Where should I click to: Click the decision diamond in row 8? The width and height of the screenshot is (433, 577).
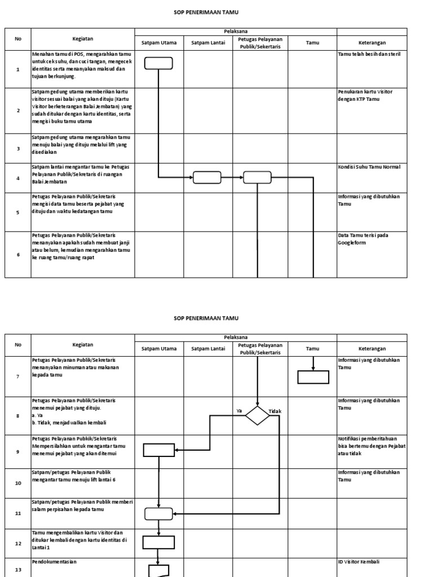257,416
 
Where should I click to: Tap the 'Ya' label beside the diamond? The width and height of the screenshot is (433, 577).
239,411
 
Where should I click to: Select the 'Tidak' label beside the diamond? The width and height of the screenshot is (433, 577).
275,411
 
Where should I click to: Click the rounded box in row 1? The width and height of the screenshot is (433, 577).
158,63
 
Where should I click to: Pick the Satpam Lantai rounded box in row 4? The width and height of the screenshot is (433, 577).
207,177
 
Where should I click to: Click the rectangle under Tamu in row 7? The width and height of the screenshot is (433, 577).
313,377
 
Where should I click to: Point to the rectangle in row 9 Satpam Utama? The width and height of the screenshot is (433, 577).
158,450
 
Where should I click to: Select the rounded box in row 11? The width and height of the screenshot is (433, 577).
158,513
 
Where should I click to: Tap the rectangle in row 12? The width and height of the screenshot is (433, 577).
158,542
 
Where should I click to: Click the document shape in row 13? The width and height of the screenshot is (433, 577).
158,570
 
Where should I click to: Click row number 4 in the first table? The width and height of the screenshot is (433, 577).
18,178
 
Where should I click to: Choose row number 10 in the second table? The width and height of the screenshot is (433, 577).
18,483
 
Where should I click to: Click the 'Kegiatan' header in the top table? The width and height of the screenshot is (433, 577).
83,39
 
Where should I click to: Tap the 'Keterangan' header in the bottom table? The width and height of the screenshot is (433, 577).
372,349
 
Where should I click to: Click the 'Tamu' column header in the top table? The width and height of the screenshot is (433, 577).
312,42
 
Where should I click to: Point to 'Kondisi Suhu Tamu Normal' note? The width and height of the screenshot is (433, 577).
369,167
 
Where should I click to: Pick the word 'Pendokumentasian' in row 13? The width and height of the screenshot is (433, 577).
54,562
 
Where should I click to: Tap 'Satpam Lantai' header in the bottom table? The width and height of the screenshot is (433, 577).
208,349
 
